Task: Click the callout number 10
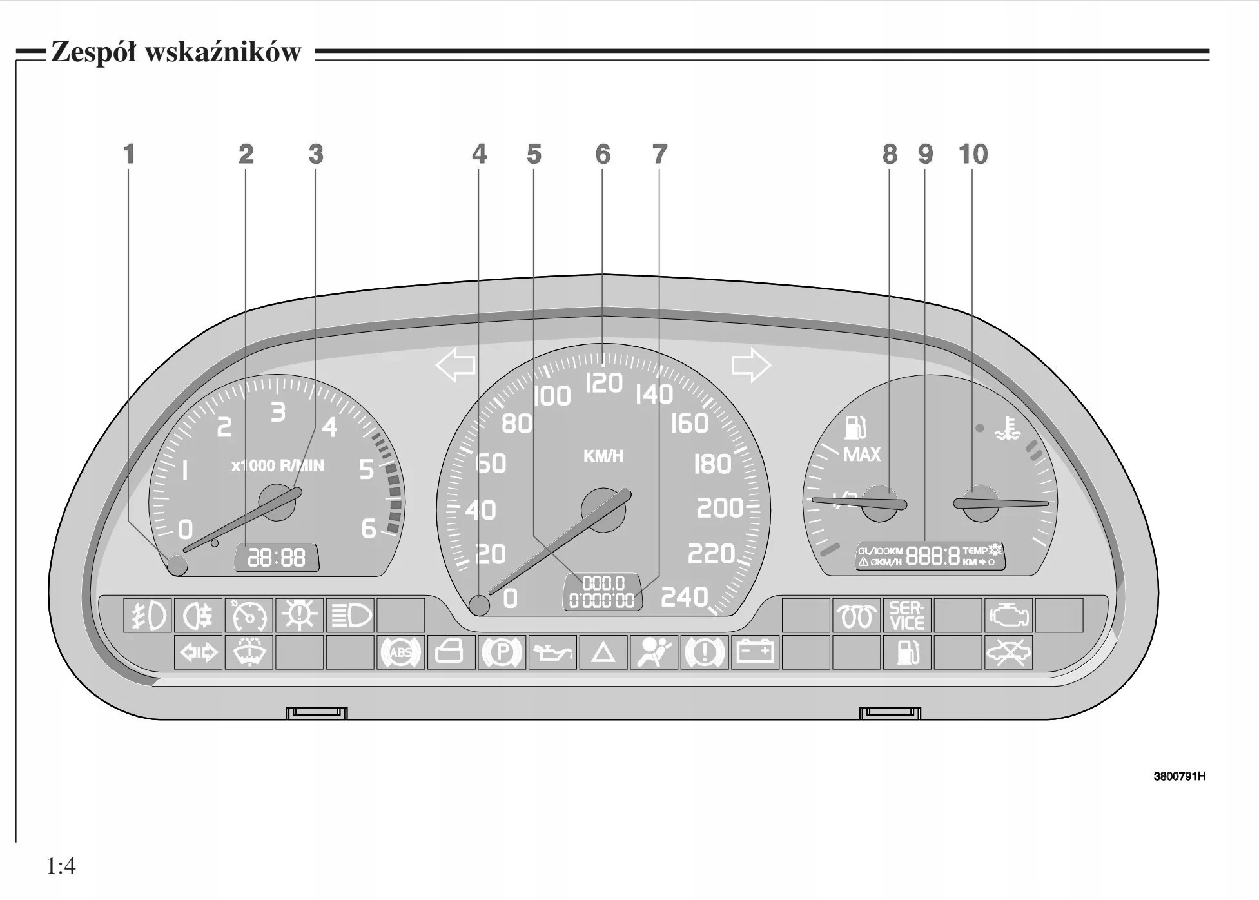[x=973, y=154]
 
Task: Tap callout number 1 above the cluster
[x=129, y=154]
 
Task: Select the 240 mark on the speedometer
[x=684, y=597]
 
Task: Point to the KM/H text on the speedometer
[x=603, y=456]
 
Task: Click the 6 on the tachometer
[x=368, y=529]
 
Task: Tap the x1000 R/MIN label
[x=278, y=465]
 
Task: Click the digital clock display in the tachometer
[x=277, y=557]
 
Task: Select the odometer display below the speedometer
[x=602, y=592]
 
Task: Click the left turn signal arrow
[x=455, y=365]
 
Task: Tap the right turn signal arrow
[x=751, y=365]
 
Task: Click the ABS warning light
[x=400, y=652]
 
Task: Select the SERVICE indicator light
[x=906, y=615]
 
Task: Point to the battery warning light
[x=755, y=652]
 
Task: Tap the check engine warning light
[x=1008, y=615]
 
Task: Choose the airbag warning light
[x=654, y=652]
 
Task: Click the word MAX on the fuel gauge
[x=861, y=455]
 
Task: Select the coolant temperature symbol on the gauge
[x=1008, y=428]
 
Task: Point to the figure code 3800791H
[x=1179, y=776]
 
